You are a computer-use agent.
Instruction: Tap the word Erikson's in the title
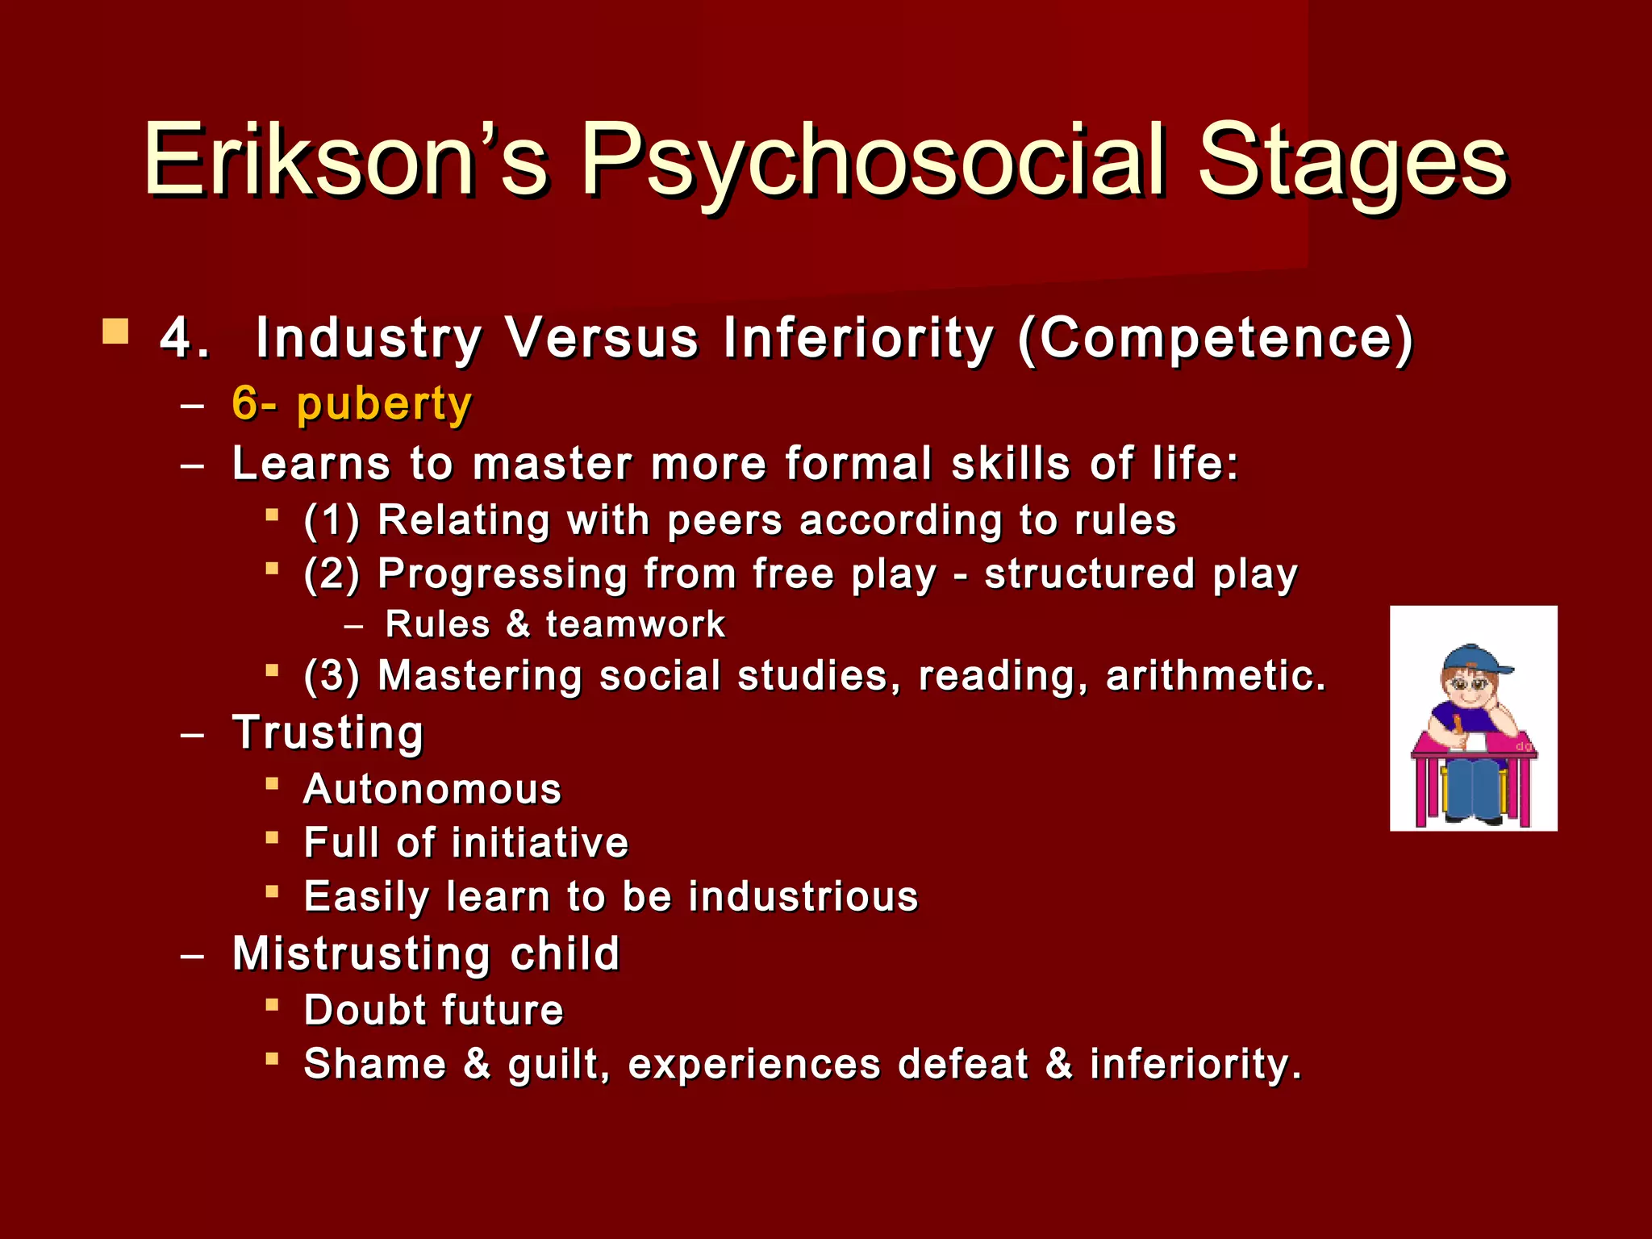click(x=347, y=160)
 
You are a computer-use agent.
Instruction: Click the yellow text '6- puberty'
click(x=351, y=403)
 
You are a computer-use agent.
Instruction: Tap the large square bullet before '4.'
click(x=115, y=332)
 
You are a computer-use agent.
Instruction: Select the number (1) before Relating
click(x=332, y=520)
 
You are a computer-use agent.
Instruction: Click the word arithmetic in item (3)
click(x=1214, y=675)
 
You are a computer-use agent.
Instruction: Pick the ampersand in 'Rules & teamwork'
click(x=518, y=624)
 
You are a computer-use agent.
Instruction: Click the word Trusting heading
click(x=327, y=732)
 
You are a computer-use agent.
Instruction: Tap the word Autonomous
click(x=432, y=789)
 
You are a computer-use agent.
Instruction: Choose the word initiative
click(x=540, y=843)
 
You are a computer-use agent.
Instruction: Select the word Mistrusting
click(x=361, y=953)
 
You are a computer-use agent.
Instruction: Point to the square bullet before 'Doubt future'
click(x=273, y=1005)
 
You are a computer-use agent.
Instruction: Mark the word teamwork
click(x=635, y=624)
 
